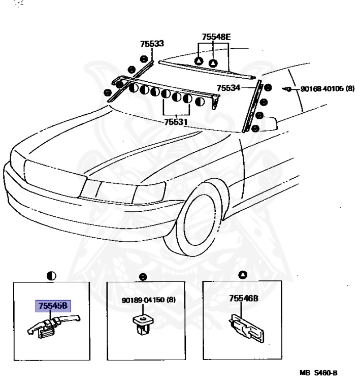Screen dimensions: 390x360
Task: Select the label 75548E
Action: (x=216, y=37)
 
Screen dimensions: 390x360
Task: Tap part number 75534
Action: (x=228, y=88)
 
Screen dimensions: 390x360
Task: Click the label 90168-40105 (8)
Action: (x=328, y=88)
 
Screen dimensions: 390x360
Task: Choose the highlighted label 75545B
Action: (x=54, y=306)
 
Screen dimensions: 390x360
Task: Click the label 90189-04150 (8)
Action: (x=149, y=300)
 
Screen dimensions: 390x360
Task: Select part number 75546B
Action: (x=244, y=300)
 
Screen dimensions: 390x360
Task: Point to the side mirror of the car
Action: (x=268, y=123)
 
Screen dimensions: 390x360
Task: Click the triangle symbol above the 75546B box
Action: (x=243, y=275)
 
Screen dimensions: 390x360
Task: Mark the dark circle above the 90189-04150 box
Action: (x=143, y=277)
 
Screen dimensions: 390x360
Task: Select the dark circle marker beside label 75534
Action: (x=268, y=87)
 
